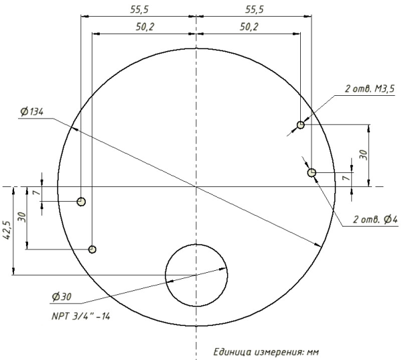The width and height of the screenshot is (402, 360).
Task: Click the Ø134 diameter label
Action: point(32,112)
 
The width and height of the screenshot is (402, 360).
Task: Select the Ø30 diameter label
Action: point(62,297)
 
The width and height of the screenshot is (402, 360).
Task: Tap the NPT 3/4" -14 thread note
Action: point(81,316)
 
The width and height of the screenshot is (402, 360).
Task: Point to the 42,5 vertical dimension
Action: point(7,230)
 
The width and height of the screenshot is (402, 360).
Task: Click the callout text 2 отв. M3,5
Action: point(370,88)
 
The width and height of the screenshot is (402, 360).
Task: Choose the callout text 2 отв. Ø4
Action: point(375,220)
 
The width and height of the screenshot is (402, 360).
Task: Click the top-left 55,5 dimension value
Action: point(139,10)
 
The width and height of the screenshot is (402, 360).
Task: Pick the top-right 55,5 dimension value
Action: point(255,10)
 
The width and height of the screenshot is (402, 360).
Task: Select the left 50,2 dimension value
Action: point(145,27)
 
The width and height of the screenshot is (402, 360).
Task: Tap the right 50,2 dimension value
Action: point(249,27)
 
